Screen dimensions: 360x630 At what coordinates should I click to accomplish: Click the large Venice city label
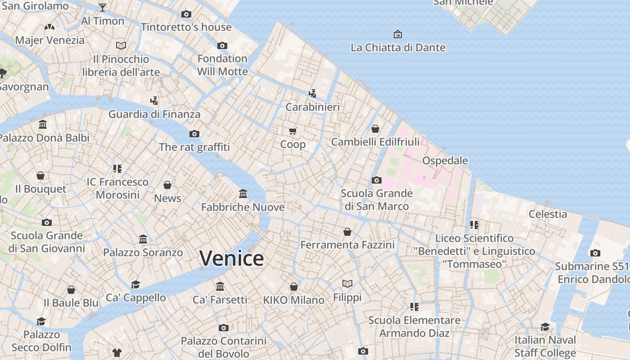pyautogui.click(x=232, y=258)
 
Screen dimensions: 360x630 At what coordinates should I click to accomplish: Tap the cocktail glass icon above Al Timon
pyautogui.click(x=103, y=7)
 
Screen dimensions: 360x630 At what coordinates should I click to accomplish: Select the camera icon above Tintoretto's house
pyautogui.click(x=186, y=14)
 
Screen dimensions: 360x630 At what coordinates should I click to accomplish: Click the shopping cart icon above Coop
pyautogui.click(x=293, y=131)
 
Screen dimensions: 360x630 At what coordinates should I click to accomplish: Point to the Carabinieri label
pyautogui.click(x=313, y=107)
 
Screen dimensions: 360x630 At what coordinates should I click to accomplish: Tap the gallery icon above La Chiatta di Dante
pyautogui.click(x=398, y=34)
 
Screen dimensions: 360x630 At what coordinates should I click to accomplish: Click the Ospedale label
pyautogui.click(x=445, y=161)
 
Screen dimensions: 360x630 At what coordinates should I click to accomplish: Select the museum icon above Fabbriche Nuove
pyautogui.click(x=243, y=193)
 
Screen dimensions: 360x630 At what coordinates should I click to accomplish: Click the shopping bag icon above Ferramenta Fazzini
pyautogui.click(x=347, y=232)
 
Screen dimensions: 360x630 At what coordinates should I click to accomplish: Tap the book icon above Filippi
pyautogui.click(x=347, y=283)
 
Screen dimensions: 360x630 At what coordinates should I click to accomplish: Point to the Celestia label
pyautogui.click(x=548, y=214)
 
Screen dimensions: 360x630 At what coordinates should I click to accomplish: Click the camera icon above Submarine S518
pyautogui.click(x=595, y=253)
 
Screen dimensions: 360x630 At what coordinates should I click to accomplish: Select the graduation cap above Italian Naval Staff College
pyautogui.click(x=545, y=327)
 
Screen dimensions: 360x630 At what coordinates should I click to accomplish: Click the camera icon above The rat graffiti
pyautogui.click(x=194, y=134)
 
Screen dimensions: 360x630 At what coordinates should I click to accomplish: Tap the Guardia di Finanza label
pyautogui.click(x=154, y=114)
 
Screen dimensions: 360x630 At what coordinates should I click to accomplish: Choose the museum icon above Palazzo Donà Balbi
pyautogui.click(x=43, y=124)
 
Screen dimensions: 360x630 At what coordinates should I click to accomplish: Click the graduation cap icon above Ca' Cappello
pyautogui.click(x=135, y=284)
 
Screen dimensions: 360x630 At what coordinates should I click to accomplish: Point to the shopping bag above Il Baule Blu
pyautogui.click(x=71, y=290)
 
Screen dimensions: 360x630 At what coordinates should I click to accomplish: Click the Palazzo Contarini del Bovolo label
pyautogui.click(x=224, y=347)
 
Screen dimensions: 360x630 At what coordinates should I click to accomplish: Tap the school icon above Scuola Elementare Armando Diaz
pyautogui.click(x=414, y=307)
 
